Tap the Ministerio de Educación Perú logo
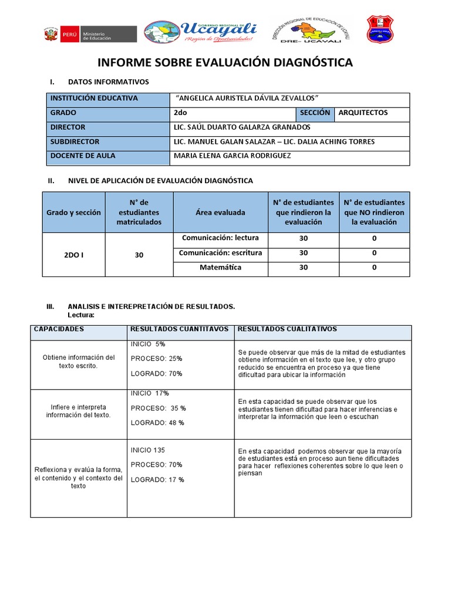[90, 34]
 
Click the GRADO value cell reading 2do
[234, 113]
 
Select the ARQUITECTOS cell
[372, 113]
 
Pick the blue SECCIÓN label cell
[315, 113]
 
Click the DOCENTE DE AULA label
[83, 156]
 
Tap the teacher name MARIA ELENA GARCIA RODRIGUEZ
[232, 156]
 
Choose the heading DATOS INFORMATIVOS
[109, 82]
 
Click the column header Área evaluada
[220, 212]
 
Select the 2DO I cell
[73, 255]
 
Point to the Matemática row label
[220, 268]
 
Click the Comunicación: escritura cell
[220, 253]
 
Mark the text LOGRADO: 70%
[156, 373]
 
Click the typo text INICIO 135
[148, 450]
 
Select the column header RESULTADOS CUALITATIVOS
[287, 329]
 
